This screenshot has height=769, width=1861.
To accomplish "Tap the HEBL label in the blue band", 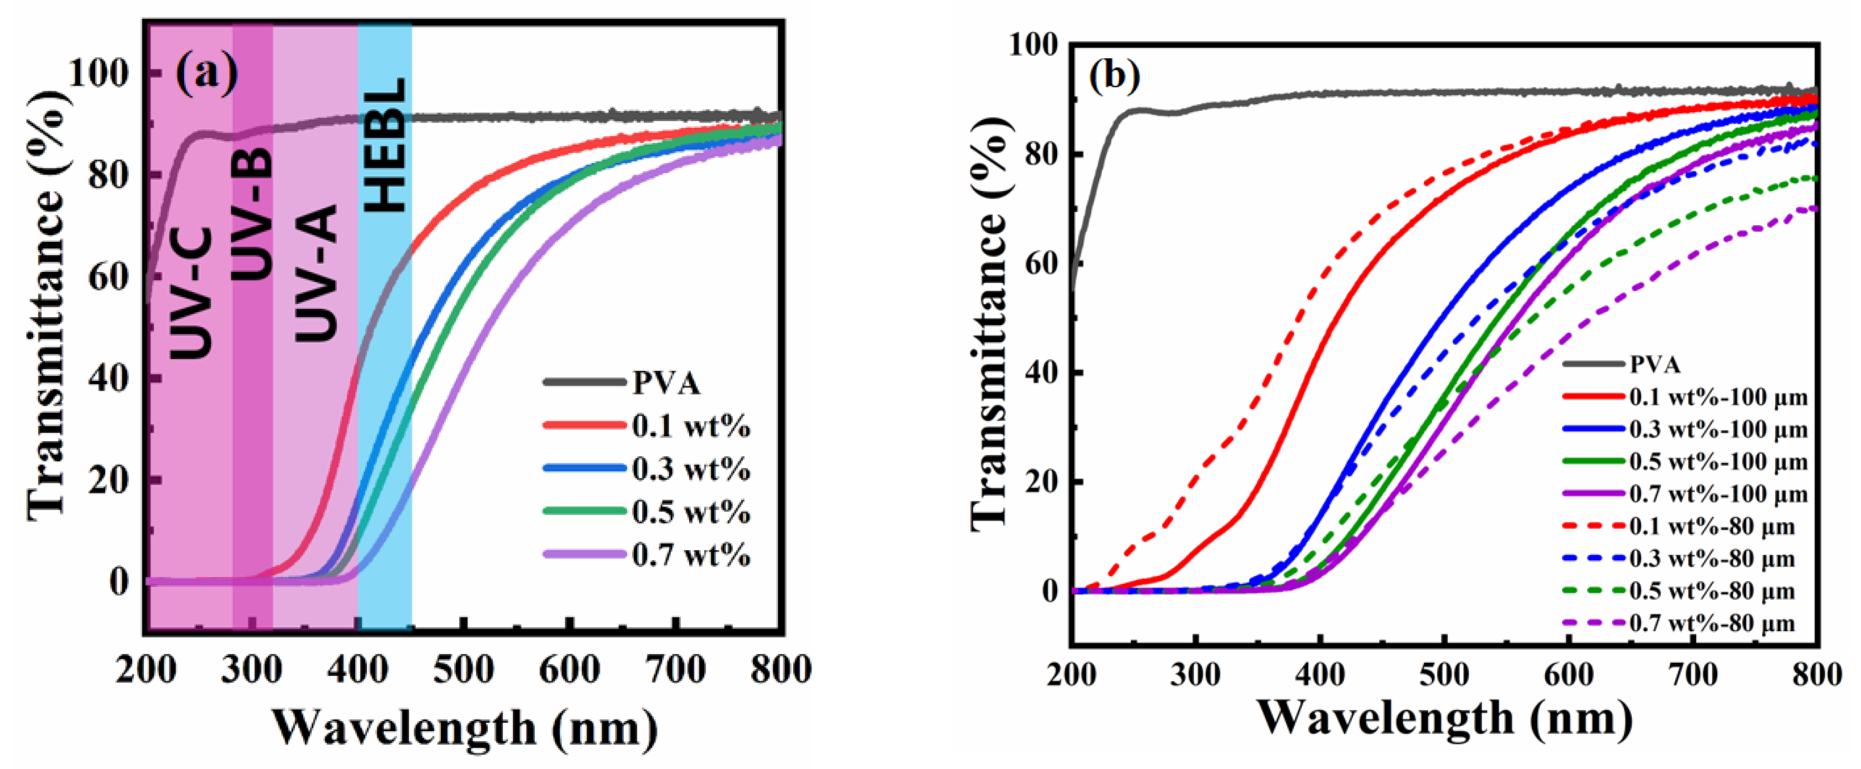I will coord(385,145).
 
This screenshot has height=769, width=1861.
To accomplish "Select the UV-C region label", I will coord(192,292).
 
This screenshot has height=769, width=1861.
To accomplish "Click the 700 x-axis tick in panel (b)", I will coord(1693,676).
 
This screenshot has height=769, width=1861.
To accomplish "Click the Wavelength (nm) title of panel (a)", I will coord(464,728).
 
